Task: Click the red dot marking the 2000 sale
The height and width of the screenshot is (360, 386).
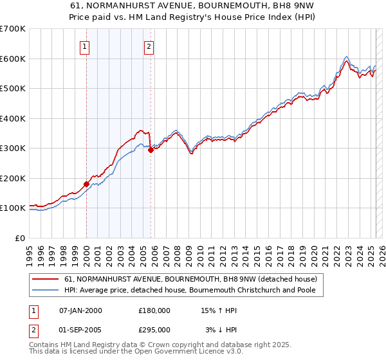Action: pyautogui.click(x=86, y=184)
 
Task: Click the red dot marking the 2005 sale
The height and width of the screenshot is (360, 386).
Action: pyautogui.click(x=151, y=150)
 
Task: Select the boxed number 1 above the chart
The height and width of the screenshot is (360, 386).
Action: pyautogui.click(x=85, y=46)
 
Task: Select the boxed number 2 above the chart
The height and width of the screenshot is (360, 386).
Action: pyautogui.click(x=149, y=46)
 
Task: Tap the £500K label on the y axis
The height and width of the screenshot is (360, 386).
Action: pyautogui.click(x=13, y=89)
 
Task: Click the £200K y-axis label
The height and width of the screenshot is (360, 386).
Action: pyautogui.click(x=13, y=178)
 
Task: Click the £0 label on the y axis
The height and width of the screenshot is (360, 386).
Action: pyautogui.click(x=21, y=238)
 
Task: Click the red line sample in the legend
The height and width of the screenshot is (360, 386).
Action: pyautogui.click(x=45, y=280)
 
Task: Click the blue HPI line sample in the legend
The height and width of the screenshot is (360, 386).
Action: pyautogui.click(x=45, y=291)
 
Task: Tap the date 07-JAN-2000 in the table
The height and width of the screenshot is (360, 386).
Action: pyautogui.click(x=80, y=310)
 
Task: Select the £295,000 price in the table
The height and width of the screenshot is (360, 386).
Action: pyautogui.click(x=154, y=329)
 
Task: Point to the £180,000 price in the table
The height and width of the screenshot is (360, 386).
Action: pyautogui.click(x=154, y=310)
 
